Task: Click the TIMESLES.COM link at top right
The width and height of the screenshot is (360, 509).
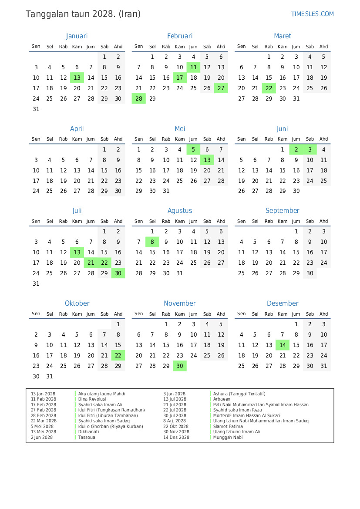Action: [x=312, y=14]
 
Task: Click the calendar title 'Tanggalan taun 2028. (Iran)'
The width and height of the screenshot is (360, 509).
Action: [x=83, y=14]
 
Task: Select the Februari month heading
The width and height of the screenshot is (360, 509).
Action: [x=180, y=36]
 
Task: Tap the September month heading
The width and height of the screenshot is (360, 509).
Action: [x=283, y=211]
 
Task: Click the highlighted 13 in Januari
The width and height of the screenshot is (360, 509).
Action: [x=77, y=78]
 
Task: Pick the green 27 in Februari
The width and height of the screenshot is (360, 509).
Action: [x=221, y=88]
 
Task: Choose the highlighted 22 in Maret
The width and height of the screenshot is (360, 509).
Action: [x=269, y=88]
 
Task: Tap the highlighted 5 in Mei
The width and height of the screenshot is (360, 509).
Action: [x=193, y=150]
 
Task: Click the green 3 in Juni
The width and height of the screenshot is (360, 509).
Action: [x=310, y=150]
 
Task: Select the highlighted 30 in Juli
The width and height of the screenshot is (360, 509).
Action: [x=118, y=273]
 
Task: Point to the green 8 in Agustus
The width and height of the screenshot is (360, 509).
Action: [x=152, y=242]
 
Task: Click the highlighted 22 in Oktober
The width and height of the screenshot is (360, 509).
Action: [x=118, y=355]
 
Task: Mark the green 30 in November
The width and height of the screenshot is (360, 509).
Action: [x=180, y=366]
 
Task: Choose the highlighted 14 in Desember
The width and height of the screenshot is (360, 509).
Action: [x=283, y=345]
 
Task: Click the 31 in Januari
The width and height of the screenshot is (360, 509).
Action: [x=36, y=109]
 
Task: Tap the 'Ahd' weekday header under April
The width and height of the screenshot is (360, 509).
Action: [x=118, y=139]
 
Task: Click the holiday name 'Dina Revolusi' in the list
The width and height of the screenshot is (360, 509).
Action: [x=92, y=399]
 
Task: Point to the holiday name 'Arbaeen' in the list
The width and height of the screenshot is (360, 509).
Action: [x=222, y=399]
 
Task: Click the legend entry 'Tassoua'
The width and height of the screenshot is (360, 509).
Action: [x=87, y=437]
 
